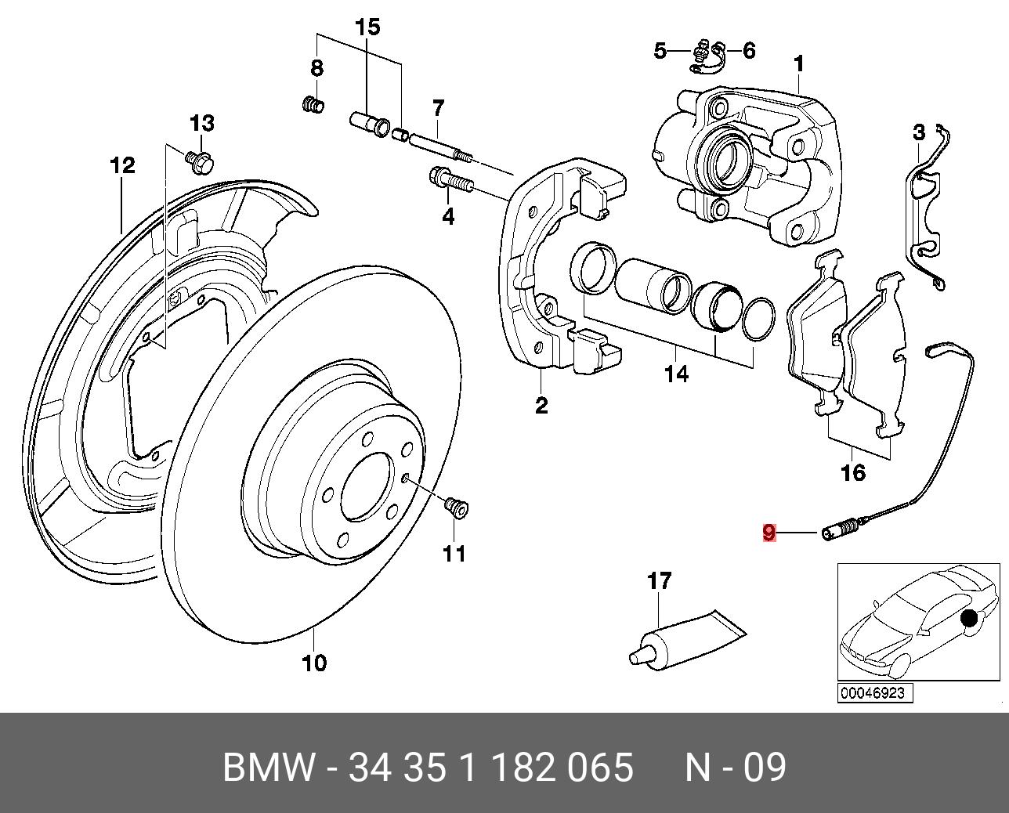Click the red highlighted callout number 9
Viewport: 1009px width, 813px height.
(x=769, y=533)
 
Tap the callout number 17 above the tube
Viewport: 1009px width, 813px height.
(x=659, y=581)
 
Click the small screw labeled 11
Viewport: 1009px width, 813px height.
(x=455, y=508)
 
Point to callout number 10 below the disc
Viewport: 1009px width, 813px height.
(x=313, y=663)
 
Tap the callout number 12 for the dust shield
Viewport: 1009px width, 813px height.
(x=122, y=166)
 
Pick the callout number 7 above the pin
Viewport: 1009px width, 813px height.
(x=437, y=107)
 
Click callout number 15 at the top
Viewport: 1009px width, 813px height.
(x=367, y=28)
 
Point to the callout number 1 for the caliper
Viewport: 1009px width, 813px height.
(x=799, y=63)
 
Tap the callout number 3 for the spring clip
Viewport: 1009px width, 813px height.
(x=919, y=133)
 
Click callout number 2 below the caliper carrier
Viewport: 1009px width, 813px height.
(x=541, y=405)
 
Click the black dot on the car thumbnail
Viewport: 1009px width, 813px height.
(x=969, y=619)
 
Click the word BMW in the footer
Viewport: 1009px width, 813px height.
(x=269, y=768)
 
